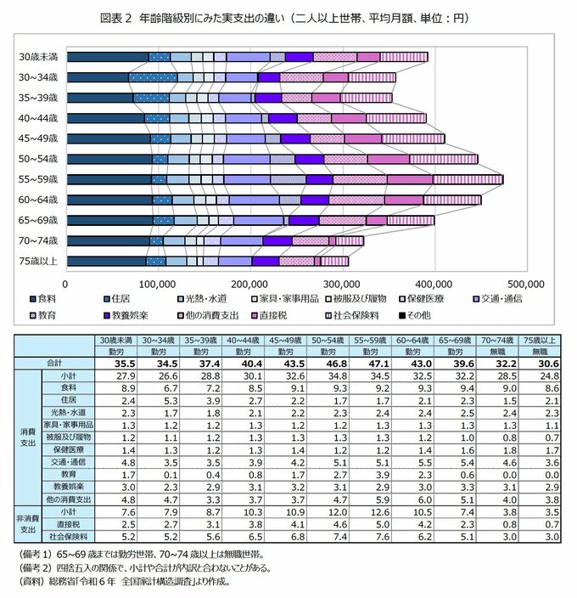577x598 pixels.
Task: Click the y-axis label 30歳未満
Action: click(39, 56)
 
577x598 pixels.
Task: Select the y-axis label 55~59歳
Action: click(39, 179)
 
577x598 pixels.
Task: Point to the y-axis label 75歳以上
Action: click(39, 261)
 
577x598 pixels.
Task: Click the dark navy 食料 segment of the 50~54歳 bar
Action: click(109, 159)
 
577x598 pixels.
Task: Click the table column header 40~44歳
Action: click(244, 338)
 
